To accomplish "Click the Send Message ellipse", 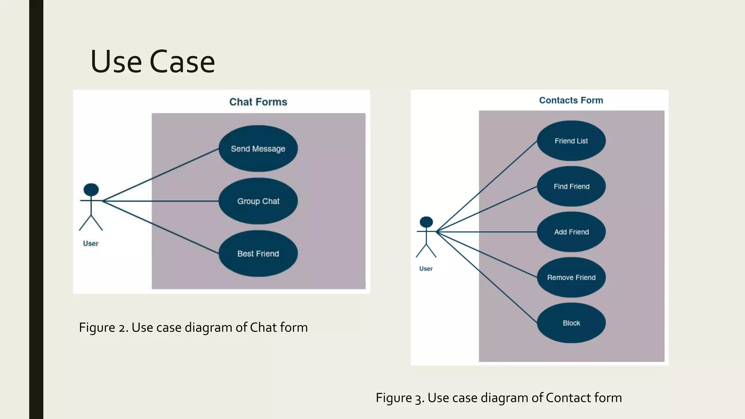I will coord(258,148).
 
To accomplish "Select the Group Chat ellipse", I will coord(258,201).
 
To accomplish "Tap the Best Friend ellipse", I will coord(258,254).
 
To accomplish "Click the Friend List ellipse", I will coord(571,141).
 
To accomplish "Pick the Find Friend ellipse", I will coord(571,186).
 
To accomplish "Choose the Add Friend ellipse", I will coord(571,232).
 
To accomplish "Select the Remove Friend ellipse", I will coord(571,278).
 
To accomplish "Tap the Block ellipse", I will coord(571,323).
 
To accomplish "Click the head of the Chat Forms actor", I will coord(91,189).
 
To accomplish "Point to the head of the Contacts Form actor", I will coord(426,222).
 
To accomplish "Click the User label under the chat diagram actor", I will coord(91,244).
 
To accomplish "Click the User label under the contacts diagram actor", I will coord(426,269).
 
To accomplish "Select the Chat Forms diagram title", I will coord(258,102).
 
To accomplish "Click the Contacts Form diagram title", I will coord(571,100).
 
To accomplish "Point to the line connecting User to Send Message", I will coord(160,175).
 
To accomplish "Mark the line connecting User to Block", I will coord(487,277).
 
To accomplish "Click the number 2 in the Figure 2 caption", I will coord(123,328).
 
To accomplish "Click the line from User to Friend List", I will coord(487,186).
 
